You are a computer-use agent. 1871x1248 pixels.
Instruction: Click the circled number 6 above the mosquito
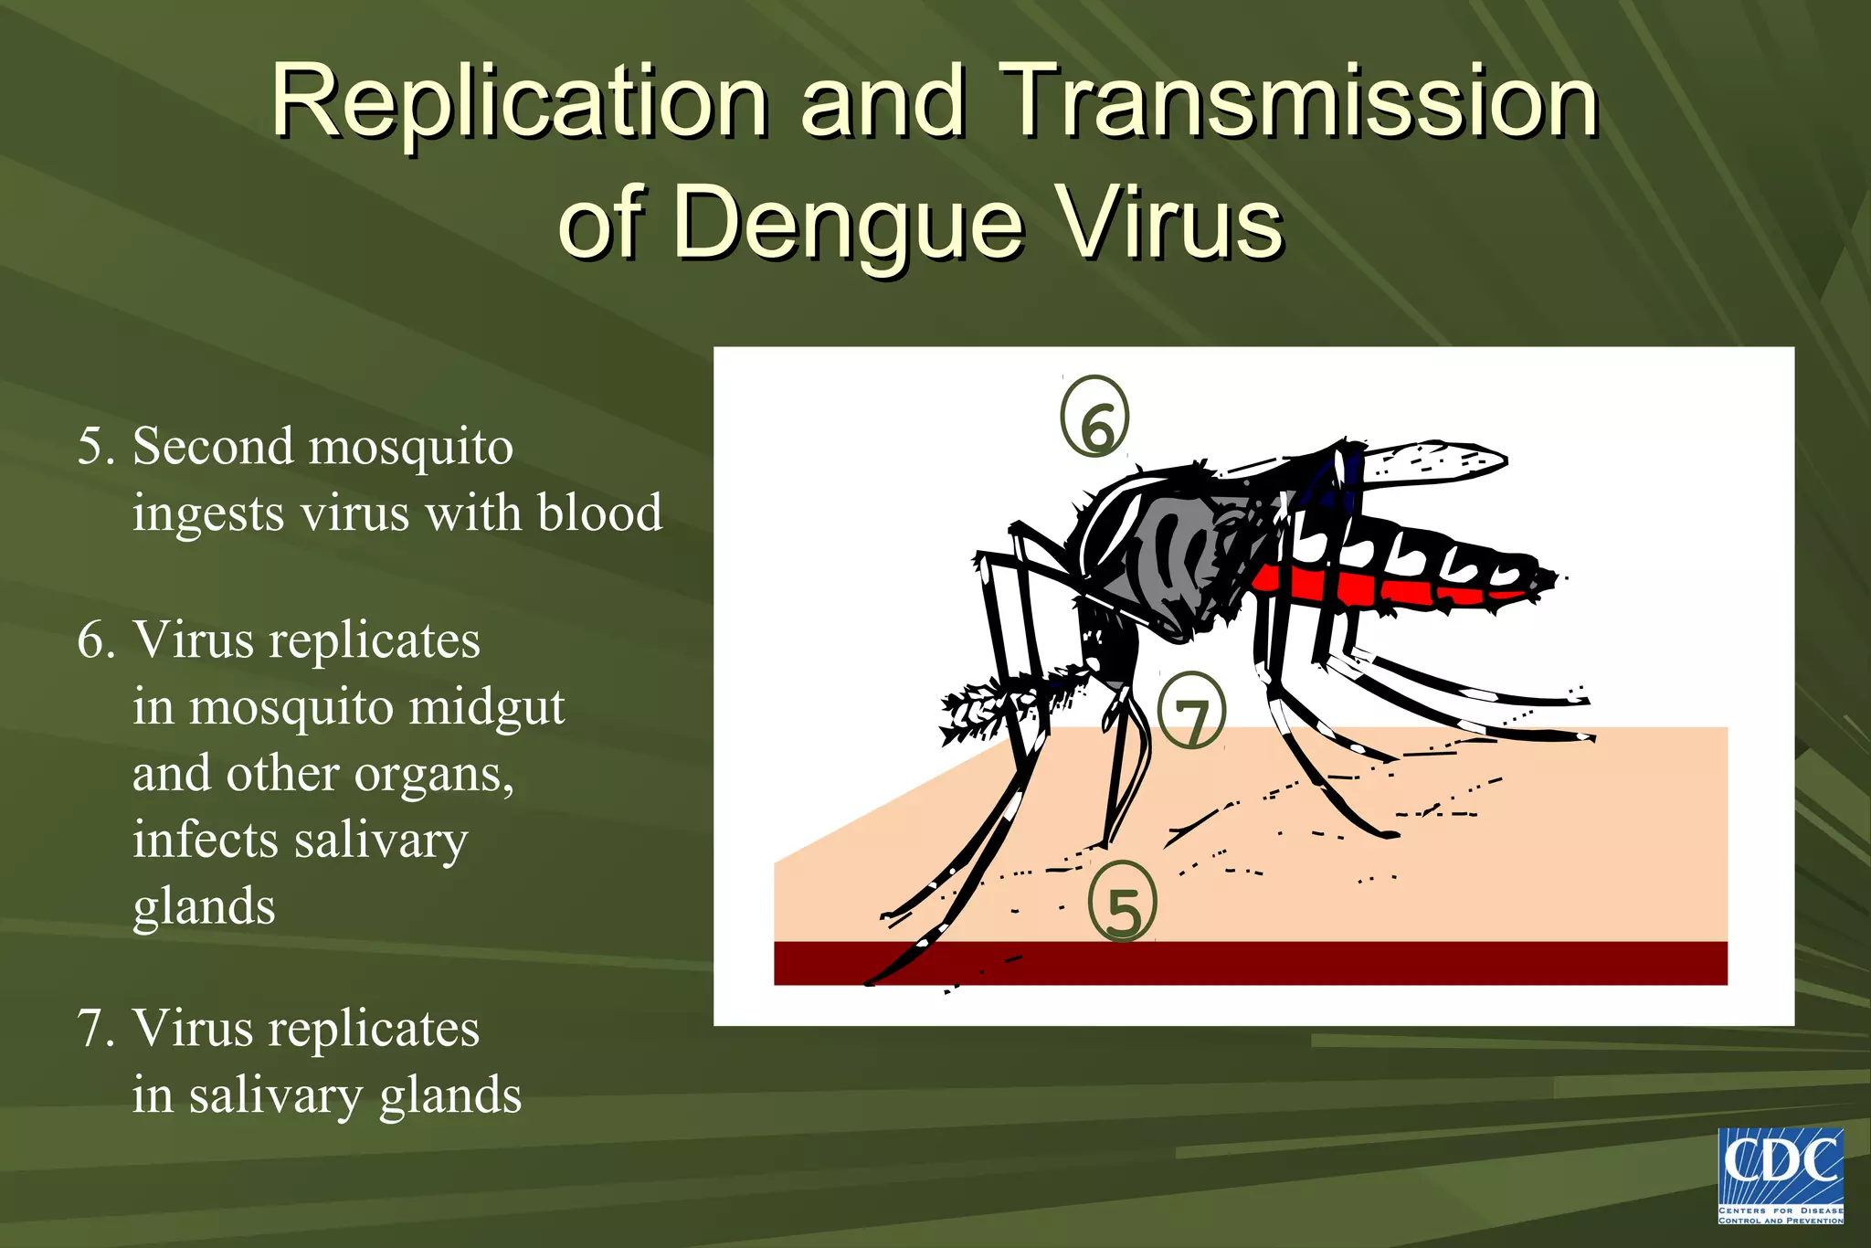pos(1094,417)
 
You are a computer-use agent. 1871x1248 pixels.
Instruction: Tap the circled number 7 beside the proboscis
pos(1191,712)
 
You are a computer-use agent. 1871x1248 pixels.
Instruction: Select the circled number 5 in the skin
pos(1123,902)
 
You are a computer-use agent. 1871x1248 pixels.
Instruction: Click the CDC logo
pos(1781,1176)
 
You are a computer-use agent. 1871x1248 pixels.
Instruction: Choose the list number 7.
pos(94,1029)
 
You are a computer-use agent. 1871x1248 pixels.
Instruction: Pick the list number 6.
pos(95,640)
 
